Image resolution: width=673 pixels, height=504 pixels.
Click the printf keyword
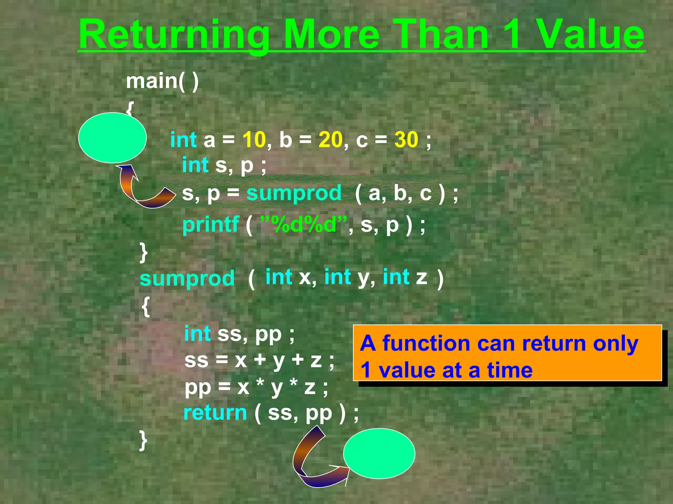[x=210, y=225]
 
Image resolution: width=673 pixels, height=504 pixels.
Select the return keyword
[x=215, y=412]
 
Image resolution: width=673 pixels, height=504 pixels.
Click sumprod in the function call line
[x=294, y=193]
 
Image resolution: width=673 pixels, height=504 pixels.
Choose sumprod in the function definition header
[x=187, y=278]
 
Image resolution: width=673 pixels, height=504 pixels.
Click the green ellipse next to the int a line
[x=112, y=137]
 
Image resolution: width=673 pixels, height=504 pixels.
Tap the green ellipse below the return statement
[x=379, y=453]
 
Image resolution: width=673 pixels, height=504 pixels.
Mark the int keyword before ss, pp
[x=197, y=334]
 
